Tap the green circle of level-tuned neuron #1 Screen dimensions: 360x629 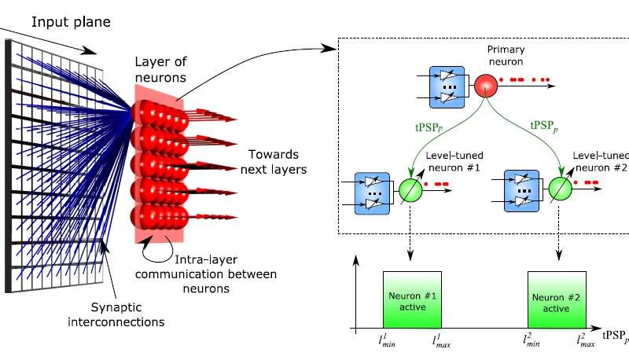(408, 192)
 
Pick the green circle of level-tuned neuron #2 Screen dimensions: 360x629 (558, 192)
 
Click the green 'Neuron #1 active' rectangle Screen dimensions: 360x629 (413, 300)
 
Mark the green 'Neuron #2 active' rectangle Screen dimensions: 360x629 (557, 300)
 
